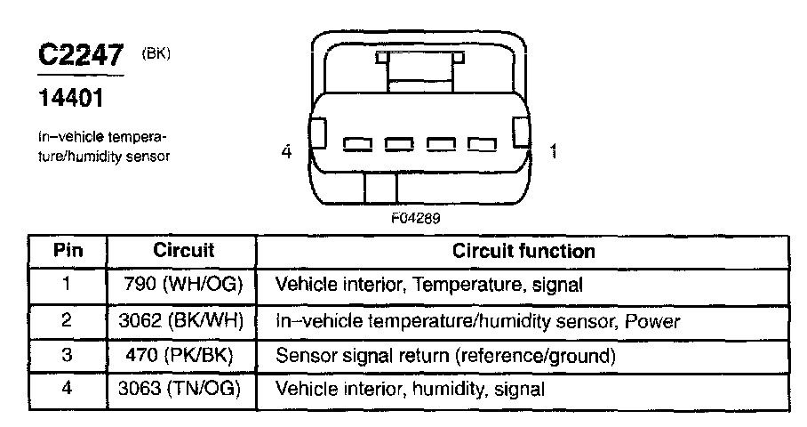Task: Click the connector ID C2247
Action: pos(81,54)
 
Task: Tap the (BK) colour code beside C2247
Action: pos(155,53)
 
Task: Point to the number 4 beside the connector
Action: pos(286,152)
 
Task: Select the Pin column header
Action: pos(68,251)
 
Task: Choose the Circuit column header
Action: pos(184,251)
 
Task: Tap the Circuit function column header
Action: pos(523,251)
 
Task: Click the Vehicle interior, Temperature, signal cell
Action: pos(429,286)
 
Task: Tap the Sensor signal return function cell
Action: pos(445,355)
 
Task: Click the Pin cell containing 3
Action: pos(68,355)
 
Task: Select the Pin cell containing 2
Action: pos(68,320)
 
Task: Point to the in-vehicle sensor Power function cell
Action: pos(479,320)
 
